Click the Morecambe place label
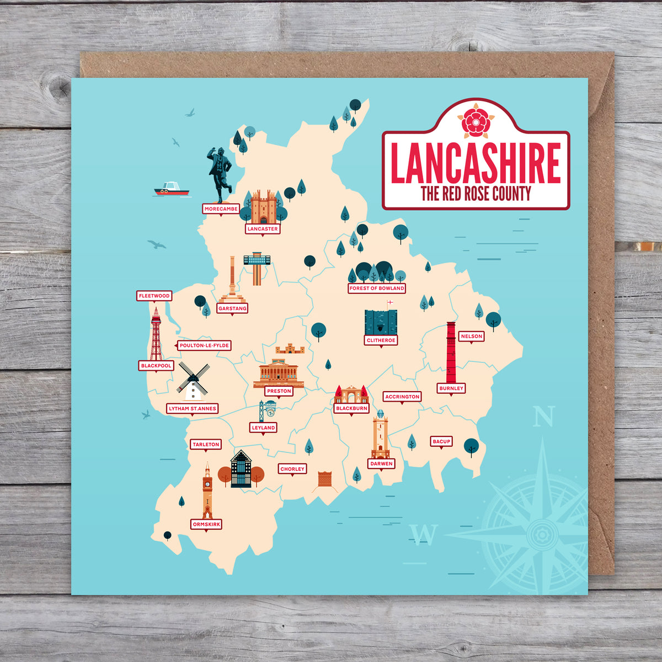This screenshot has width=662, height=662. pyautogui.click(x=221, y=209)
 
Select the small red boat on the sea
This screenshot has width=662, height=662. pyautogui.click(x=171, y=189)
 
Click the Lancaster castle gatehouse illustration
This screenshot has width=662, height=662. pyautogui.click(x=263, y=207)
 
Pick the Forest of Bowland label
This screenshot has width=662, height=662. pyautogui.click(x=377, y=288)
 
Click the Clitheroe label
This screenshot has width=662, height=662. pyautogui.click(x=381, y=340)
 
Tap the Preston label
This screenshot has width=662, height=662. pyautogui.click(x=279, y=391)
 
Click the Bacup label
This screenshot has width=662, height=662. pyautogui.click(x=441, y=441)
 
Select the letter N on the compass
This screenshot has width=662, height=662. pyautogui.click(x=543, y=417)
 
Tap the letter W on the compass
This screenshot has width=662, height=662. pyautogui.click(x=424, y=534)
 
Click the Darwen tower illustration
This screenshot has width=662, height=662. pyautogui.click(x=380, y=436)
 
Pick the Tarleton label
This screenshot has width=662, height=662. pyautogui.click(x=206, y=444)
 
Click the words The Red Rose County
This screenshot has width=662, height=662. pyautogui.click(x=476, y=194)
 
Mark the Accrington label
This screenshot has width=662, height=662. pyautogui.click(x=402, y=397)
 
